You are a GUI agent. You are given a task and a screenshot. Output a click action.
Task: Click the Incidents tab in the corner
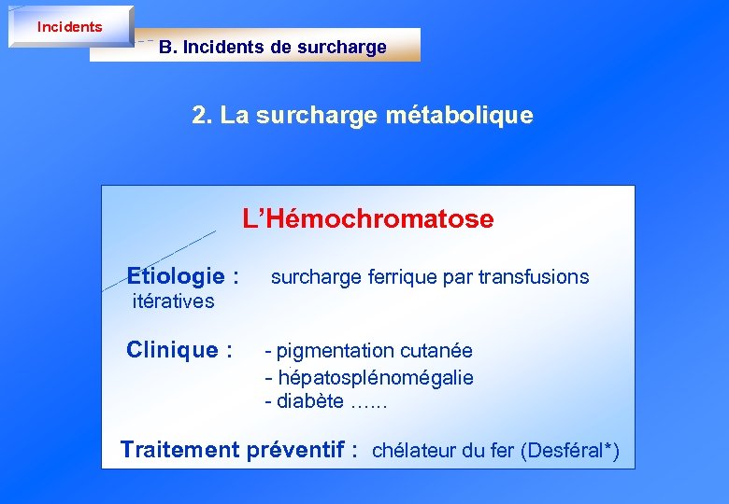(69, 27)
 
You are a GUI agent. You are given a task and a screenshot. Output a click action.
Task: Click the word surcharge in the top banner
(341, 48)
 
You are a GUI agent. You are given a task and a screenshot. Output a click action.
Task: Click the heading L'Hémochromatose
(368, 219)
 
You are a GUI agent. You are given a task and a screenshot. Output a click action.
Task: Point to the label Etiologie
(176, 276)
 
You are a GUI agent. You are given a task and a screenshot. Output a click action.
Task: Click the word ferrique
(392, 276)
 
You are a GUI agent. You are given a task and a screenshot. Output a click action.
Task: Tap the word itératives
(174, 301)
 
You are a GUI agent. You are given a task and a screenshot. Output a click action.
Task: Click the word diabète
(310, 402)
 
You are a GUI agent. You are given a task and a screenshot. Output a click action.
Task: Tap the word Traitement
(180, 450)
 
